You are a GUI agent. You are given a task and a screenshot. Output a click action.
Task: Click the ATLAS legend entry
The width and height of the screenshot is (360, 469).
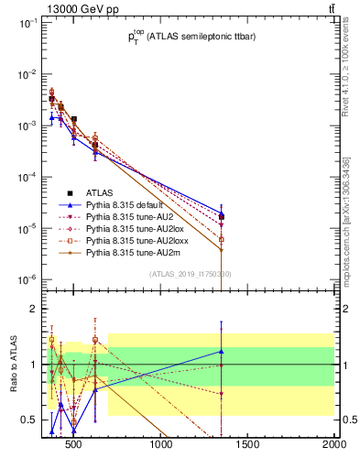[x=102, y=193]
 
